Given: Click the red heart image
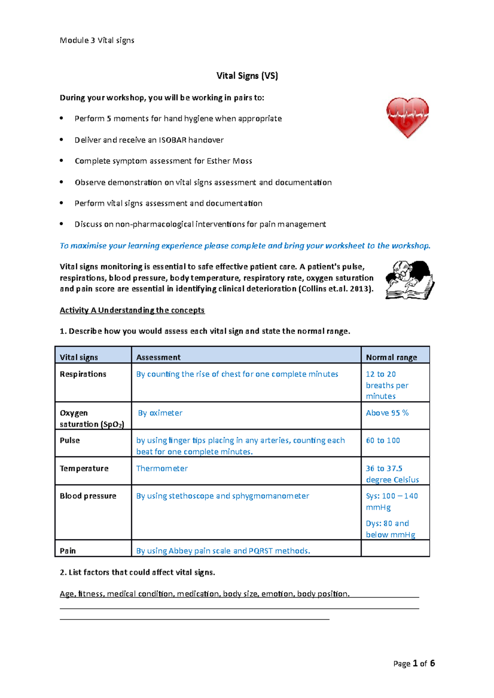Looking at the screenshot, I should click(x=408, y=117).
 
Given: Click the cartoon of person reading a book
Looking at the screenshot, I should click(x=409, y=280).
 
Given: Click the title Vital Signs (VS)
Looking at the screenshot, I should click(x=247, y=76).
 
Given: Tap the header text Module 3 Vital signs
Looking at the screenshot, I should click(x=97, y=40).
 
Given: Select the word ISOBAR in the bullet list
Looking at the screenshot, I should click(x=172, y=140).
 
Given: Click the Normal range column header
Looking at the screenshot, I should click(x=391, y=357).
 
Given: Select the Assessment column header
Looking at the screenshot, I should click(x=158, y=357).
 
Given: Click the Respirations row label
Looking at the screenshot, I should click(x=83, y=374).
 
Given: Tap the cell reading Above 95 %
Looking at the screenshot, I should click(x=387, y=413).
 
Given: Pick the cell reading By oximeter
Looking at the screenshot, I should click(x=160, y=413).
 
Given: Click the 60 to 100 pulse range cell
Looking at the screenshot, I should click(x=383, y=440).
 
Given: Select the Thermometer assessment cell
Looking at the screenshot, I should click(x=162, y=468).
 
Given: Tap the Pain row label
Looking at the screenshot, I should click(x=68, y=550).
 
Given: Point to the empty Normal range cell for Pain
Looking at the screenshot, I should click(x=395, y=548).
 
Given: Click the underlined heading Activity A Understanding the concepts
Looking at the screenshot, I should click(x=132, y=310).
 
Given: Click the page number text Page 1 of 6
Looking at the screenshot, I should click(x=414, y=663).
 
